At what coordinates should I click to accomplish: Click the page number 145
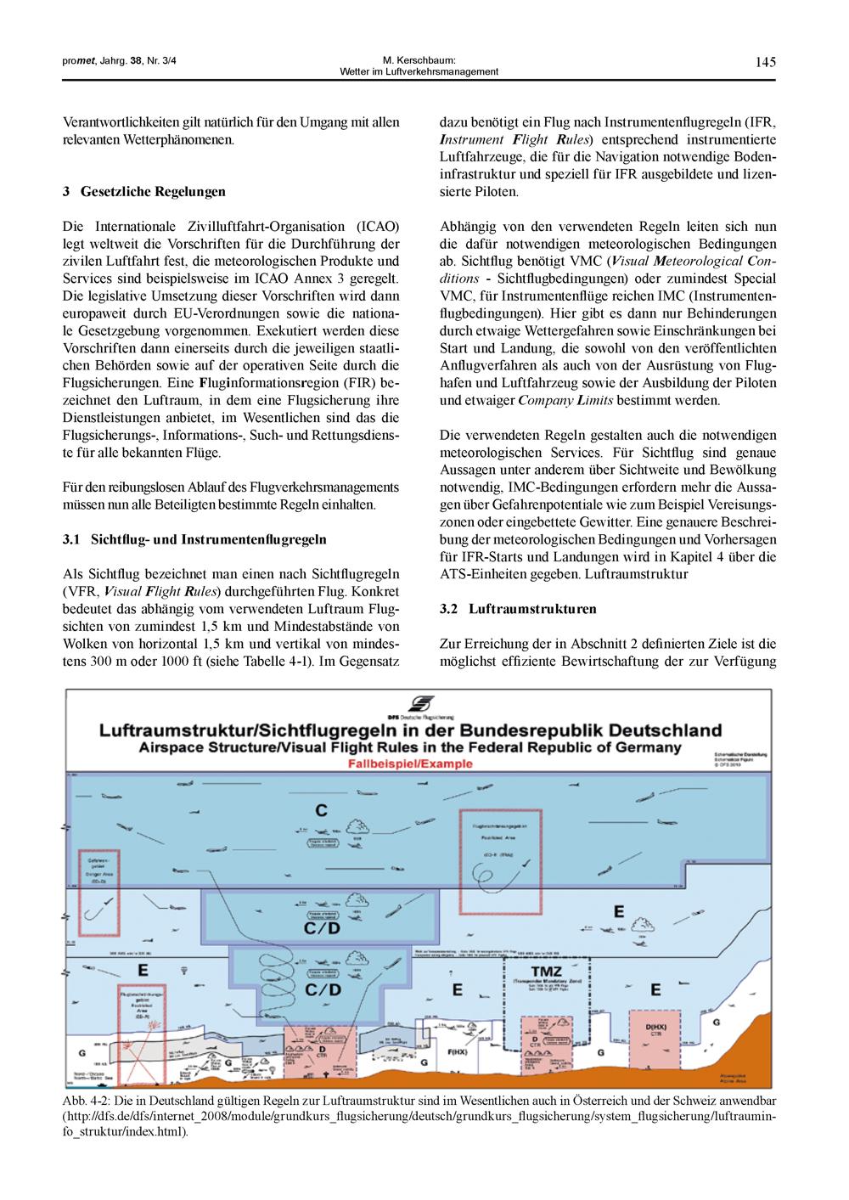click(765, 61)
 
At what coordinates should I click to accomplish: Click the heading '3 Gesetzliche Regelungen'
click(144, 192)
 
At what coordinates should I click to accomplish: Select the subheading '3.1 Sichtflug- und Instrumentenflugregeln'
click(194, 539)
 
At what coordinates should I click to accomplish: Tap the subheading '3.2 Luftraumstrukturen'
click(518, 609)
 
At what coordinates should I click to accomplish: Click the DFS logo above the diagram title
click(421, 704)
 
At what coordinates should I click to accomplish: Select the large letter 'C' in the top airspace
click(321, 811)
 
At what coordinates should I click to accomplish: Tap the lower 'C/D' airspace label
click(323, 989)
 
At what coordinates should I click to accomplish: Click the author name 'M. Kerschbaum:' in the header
click(419, 60)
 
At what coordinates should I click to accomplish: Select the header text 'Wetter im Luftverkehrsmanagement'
click(419, 71)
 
